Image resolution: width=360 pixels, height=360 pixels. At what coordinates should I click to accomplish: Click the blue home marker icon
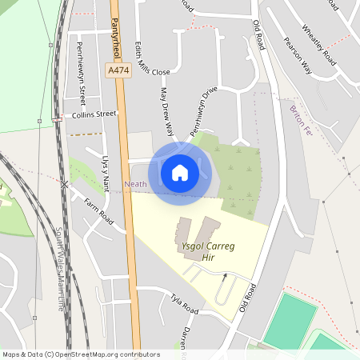point(180,172)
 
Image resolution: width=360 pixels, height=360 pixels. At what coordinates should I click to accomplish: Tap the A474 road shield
point(118,71)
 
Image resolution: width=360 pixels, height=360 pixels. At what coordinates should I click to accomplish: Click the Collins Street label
point(94,114)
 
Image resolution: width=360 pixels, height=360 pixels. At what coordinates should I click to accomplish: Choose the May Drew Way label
point(167,110)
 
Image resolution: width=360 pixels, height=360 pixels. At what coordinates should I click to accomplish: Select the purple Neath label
point(135,184)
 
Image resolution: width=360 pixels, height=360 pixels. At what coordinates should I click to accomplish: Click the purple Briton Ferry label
point(299,120)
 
